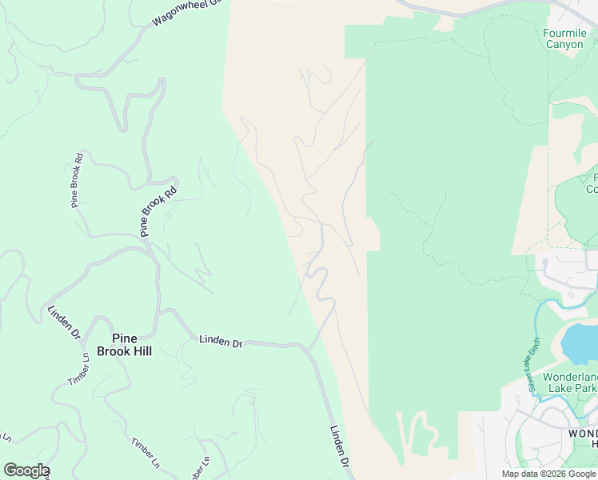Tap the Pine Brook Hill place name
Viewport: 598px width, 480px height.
(124, 344)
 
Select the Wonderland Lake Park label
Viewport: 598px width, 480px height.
(569, 382)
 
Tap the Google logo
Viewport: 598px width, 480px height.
(26, 470)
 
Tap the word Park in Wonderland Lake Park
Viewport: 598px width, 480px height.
(584, 389)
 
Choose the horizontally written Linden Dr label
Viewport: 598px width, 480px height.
(221, 342)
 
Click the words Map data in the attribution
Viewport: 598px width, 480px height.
(517, 474)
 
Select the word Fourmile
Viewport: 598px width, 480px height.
(565, 33)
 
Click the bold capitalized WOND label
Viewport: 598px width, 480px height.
(583, 433)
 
